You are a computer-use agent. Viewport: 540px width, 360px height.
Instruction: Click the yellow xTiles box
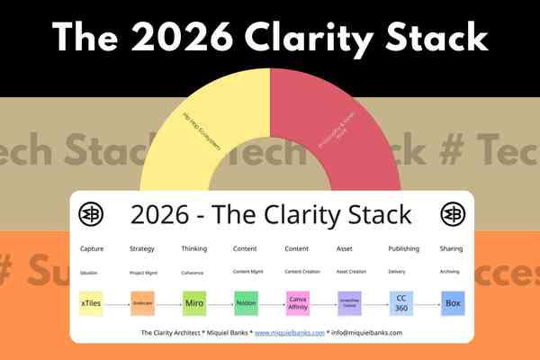[91, 302]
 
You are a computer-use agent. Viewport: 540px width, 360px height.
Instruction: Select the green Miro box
[194, 302]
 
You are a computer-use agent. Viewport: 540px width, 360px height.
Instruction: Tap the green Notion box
[246, 302]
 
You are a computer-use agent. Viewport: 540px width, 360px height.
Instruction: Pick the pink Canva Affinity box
[298, 302]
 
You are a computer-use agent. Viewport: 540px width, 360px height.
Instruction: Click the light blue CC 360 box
[401, 302]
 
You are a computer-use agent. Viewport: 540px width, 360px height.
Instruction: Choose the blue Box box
[453, 302]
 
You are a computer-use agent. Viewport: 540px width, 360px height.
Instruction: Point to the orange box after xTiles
[142, 302]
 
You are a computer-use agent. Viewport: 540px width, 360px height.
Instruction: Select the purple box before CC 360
[349, 302]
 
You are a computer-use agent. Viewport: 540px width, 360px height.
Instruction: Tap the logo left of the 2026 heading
[91, 214]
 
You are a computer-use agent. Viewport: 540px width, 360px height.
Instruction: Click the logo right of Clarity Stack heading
[452, 214]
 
